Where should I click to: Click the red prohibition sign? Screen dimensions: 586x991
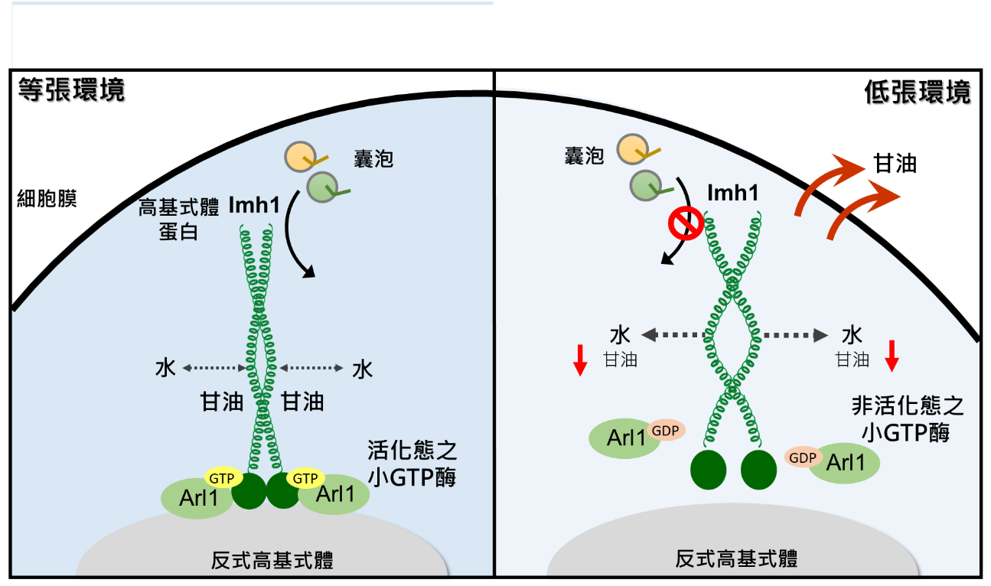pyautogui.click(x=686, y=223)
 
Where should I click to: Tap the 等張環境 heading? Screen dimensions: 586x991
pyautogui.click(x=70, y=90)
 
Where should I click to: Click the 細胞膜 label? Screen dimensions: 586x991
pyautogui.click(x=47, y=200)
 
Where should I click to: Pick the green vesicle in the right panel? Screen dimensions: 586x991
pyautogui.click(x=645, y=184)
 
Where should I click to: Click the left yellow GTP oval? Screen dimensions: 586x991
pyautogui.click(x=222, y=479)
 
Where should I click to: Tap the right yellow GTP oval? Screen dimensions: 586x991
pyautogui.click(x=305, y=479)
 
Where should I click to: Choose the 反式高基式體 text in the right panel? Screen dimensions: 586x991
pyautogui.click(x=736, y=558)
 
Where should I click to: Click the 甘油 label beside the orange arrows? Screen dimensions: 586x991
pyautogui.click(x=895, y=163)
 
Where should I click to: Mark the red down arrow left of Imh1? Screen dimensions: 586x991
pyautogui.click(x=580, y=360)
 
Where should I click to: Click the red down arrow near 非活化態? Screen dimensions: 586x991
pyautogui.click(x=891, y=356)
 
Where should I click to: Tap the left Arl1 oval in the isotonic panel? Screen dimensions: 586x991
pyautogui.click(x=195, y=498)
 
